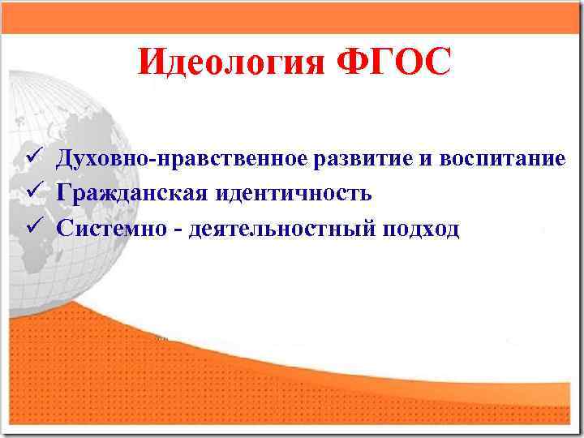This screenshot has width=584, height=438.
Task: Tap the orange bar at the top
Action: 292,17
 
